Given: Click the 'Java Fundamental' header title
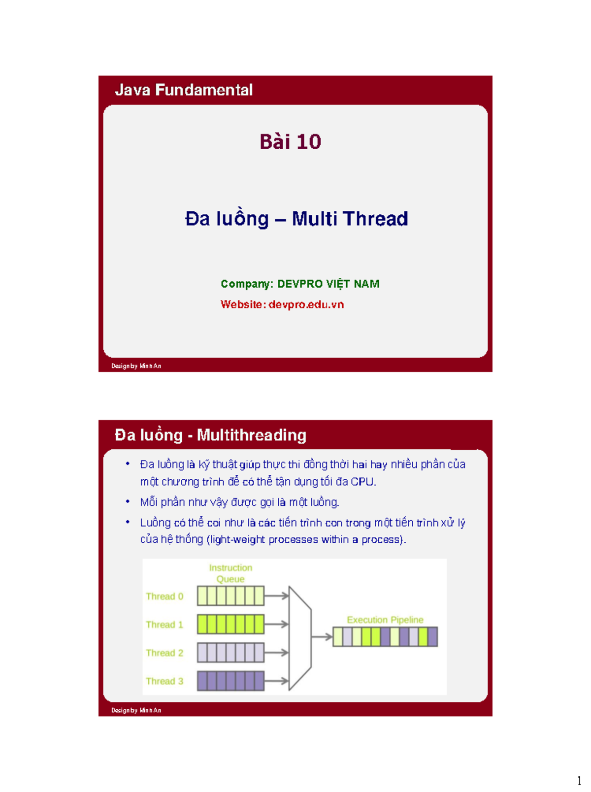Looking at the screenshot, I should point(184,90).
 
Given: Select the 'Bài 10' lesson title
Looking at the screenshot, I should point(290,142).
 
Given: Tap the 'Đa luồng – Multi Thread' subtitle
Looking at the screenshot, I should point(296,219).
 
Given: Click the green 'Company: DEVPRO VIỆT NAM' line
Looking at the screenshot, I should point(300,284).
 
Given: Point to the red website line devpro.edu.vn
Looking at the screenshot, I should point(282,304).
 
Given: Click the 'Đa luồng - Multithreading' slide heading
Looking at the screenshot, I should point(210,435).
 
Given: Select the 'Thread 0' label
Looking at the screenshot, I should point(164,596).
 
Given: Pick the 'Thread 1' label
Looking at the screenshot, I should point(164,625).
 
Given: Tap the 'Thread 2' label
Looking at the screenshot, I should point(164,653).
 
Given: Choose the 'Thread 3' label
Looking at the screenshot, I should point(164,681).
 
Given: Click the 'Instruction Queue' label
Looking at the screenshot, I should point(230,573).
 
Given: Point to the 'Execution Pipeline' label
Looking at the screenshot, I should point(385,620).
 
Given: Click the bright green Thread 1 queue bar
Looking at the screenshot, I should point(230,624).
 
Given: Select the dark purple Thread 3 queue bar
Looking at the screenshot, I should point(230,681).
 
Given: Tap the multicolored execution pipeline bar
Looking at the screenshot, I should point(385,637).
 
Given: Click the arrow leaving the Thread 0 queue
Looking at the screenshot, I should point(277,596).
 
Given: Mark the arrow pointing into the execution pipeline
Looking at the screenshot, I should point(322,637).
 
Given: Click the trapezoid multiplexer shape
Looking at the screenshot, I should point(299,638).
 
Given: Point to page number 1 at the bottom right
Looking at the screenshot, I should point(579,781).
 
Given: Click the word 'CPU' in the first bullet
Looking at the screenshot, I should point(362,482).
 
